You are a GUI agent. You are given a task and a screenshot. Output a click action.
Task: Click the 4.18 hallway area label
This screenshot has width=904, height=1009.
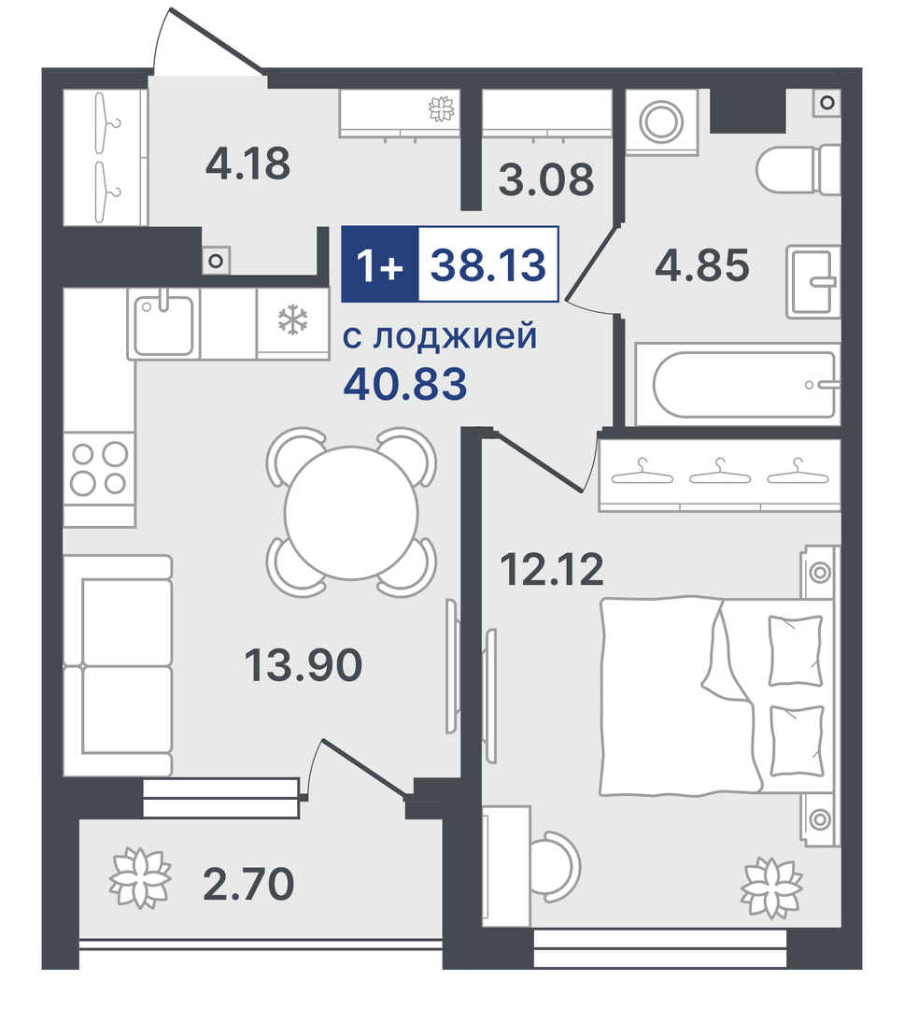247,163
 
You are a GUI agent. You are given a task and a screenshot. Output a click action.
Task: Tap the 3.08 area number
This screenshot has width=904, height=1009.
546,179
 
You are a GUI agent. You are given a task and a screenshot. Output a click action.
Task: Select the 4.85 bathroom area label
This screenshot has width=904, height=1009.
702,265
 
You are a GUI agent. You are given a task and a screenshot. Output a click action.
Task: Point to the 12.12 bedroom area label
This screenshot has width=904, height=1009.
552,570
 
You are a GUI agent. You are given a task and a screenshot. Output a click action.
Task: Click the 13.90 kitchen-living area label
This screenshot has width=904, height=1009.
304,665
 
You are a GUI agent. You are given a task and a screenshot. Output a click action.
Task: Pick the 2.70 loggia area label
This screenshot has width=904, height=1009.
248,884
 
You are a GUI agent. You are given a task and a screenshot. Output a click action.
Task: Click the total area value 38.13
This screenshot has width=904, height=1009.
487,264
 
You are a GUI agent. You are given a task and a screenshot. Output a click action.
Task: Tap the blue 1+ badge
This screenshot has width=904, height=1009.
379,263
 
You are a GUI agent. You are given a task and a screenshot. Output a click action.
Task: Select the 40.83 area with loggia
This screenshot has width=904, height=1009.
405,384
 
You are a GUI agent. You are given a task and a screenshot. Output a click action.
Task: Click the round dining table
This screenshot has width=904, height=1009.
351,512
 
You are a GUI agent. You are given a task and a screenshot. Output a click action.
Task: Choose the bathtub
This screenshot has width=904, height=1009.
738,385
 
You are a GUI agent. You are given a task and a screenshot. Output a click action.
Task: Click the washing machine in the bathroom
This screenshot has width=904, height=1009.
661,121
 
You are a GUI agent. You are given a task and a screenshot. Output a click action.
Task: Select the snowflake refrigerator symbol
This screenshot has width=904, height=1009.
292,320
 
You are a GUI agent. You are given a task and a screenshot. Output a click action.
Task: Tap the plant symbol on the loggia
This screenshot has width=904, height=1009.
140,877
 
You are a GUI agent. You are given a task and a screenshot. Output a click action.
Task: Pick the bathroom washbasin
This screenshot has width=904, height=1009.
813,281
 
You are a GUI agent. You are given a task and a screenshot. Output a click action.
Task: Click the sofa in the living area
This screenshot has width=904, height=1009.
119,665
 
